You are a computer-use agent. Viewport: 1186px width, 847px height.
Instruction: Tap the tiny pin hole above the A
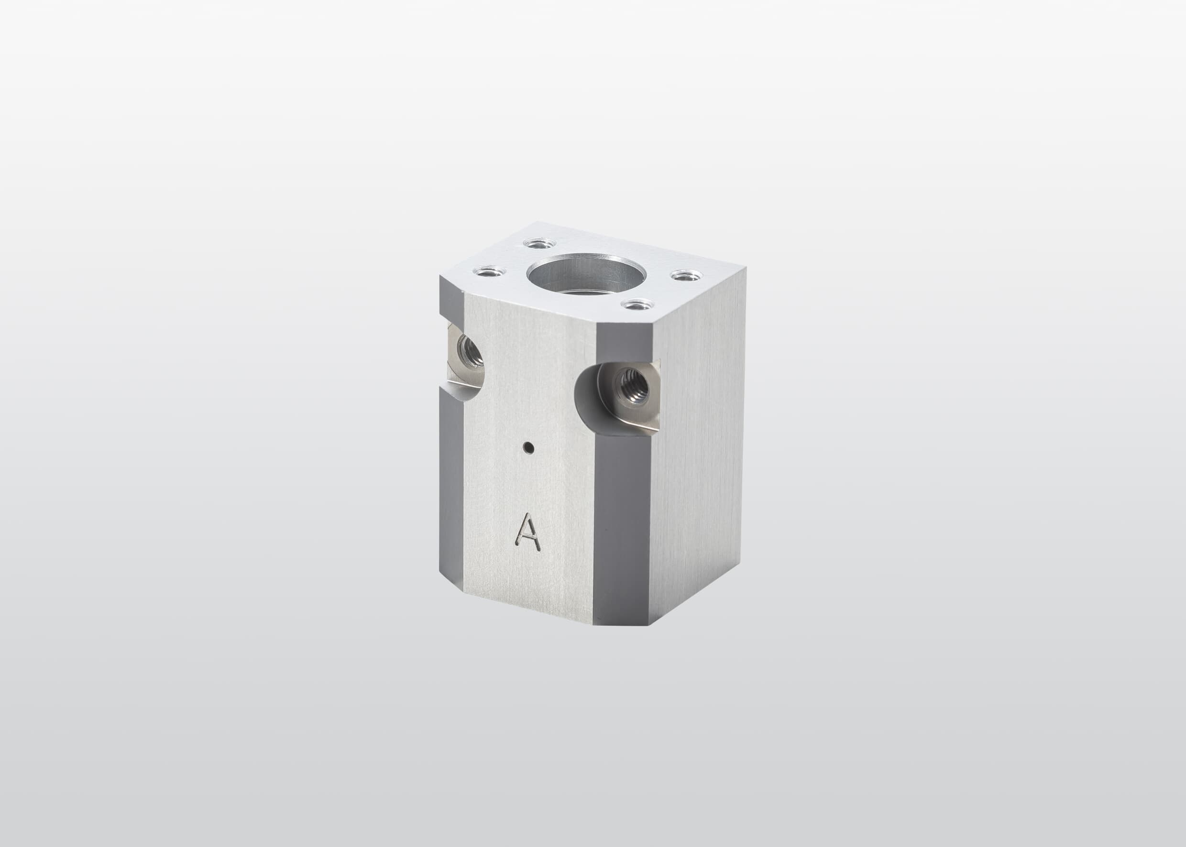click(x=529, y=446)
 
